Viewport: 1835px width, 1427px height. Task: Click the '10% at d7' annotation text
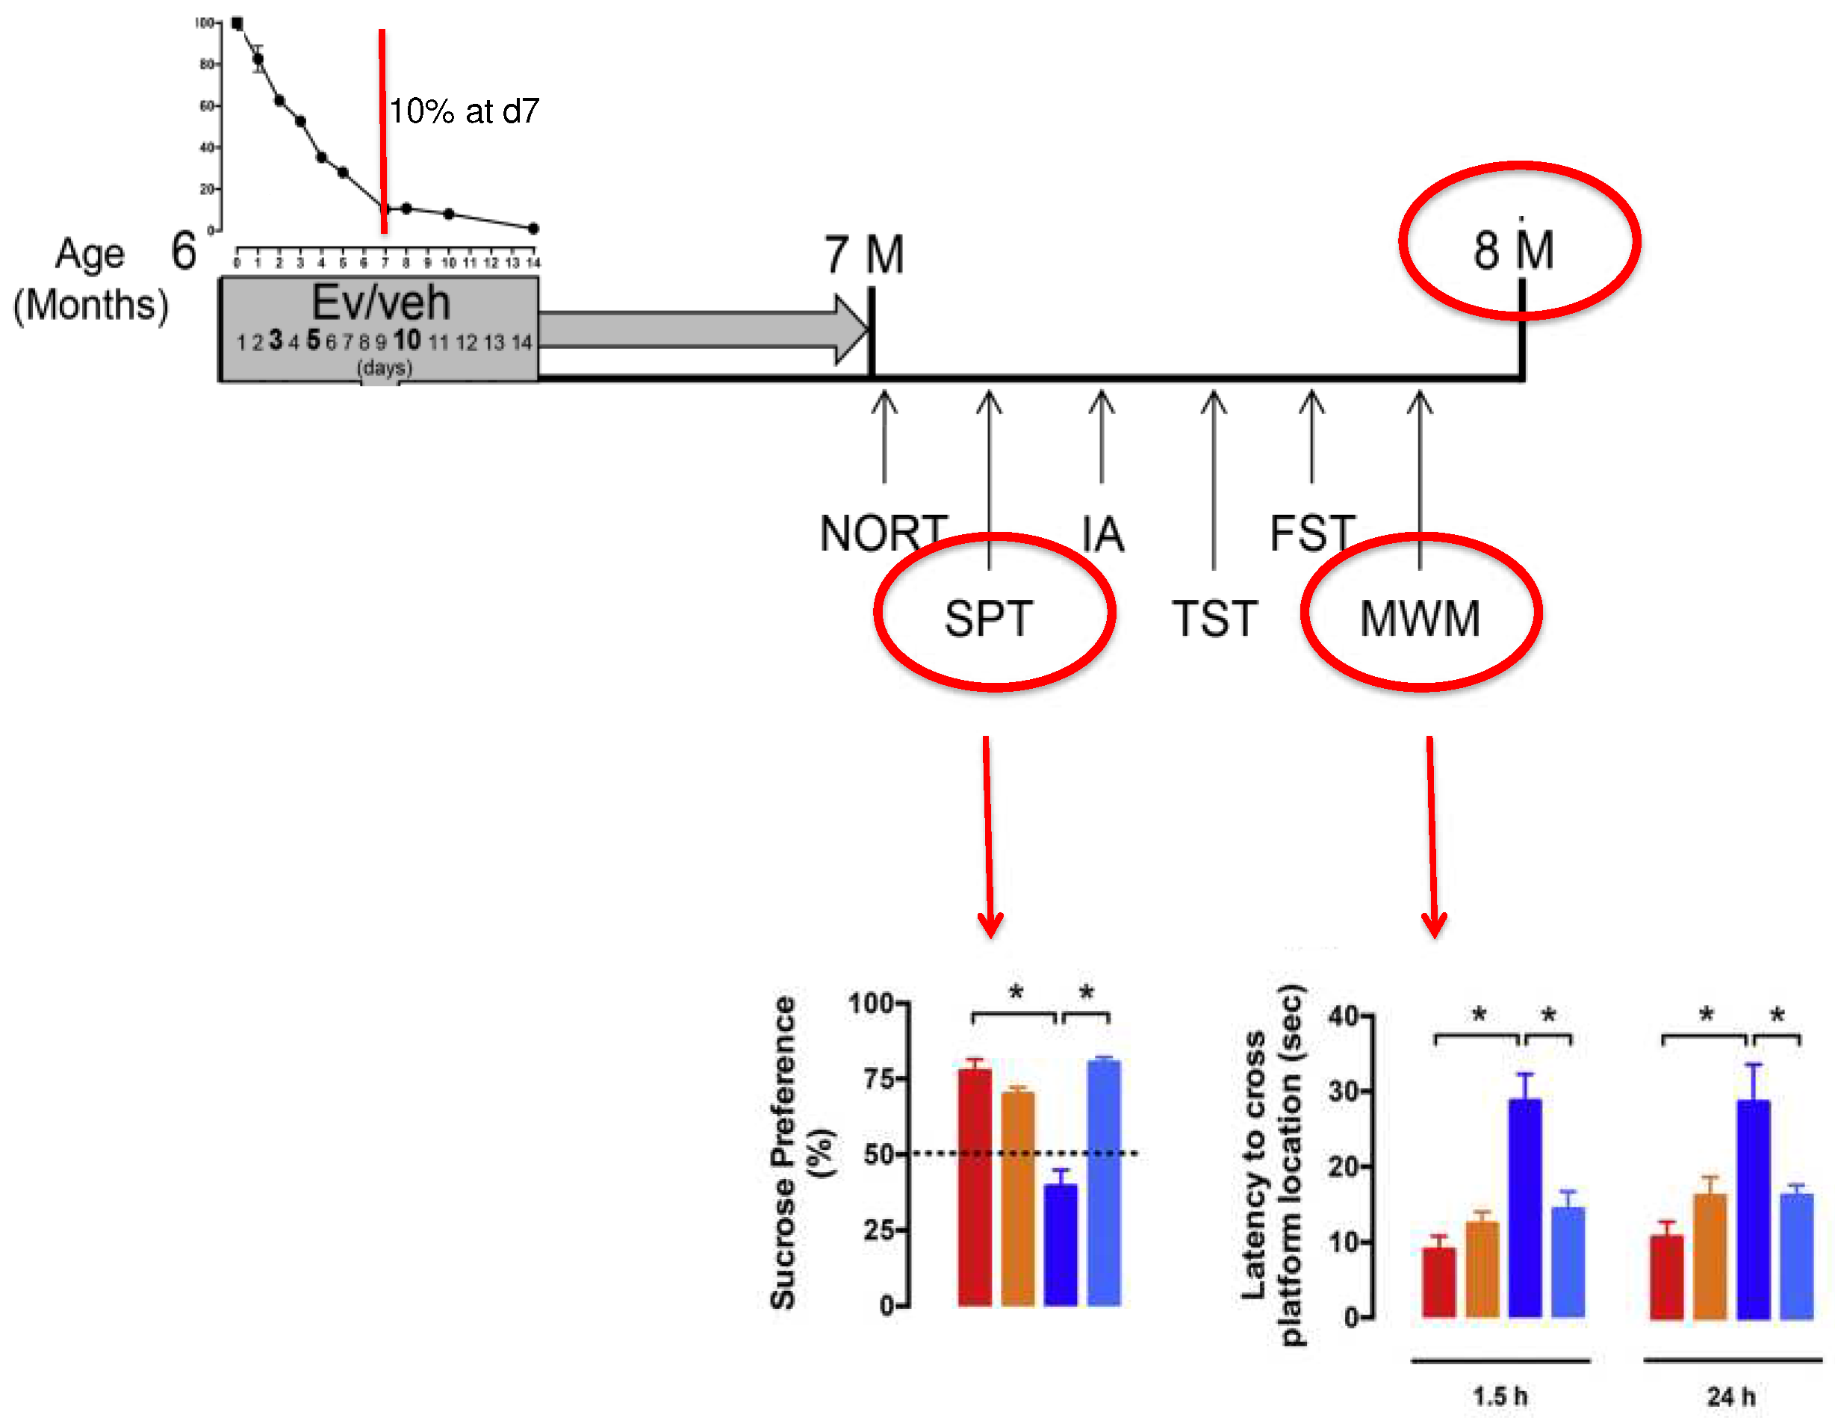pyautogui.click(x=464, y=111)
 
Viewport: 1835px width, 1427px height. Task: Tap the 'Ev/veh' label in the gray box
pyautogui.click(x=381, y=303)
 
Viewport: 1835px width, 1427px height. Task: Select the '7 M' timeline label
pyautogui.click(x=863, y=255)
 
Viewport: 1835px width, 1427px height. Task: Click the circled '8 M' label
pyautogui.click(x=1513, y=250)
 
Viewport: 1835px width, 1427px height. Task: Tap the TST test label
pyautogui.click(x=1214, y=619)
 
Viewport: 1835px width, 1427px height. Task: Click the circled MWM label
pyautogui.click(x=1420, y=619)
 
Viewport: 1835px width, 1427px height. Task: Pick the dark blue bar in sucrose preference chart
pyautogui.click(x=1061, y=1244)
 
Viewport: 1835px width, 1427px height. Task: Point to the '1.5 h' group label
pyautogui.click(x=1500, y=1397)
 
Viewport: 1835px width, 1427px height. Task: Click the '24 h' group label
pyautogui.click(x=1731, y=1397)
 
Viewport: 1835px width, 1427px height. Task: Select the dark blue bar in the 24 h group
pyautogui.click(x=1753, y=1210)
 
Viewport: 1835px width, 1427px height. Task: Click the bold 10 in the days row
pyautogui.click(x=406, y=341)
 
